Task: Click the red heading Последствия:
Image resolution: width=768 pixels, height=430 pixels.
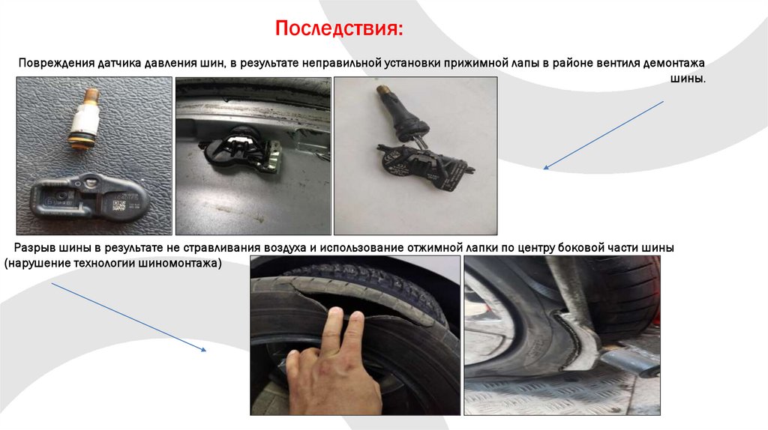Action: click(339, 28)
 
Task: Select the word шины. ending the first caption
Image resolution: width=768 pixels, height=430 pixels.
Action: click(688, 78)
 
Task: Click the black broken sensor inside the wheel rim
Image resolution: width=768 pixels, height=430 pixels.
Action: click(239, 148)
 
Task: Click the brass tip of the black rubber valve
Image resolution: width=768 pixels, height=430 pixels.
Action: click(382, 91)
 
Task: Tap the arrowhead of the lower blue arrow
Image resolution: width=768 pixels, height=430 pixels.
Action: click(204, 350)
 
